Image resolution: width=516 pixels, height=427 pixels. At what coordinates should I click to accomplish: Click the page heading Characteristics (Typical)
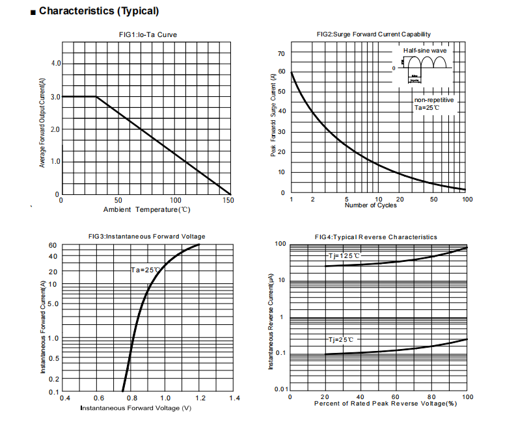pos(98,11)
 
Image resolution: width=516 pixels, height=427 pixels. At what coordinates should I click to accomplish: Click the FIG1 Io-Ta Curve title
pos(147,34)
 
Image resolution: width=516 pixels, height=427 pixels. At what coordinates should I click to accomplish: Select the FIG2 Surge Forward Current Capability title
pos(373,34)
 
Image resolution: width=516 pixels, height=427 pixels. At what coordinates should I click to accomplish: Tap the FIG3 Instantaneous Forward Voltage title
pos(146,237)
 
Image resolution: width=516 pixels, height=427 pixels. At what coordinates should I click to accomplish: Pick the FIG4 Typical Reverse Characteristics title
pos(375,237)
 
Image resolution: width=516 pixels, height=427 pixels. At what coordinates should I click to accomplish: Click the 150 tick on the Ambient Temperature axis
pos(228,201)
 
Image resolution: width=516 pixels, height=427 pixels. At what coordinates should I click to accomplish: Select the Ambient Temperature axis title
pos(146,209)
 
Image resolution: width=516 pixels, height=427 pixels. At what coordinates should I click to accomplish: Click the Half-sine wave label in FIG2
pos(424,50)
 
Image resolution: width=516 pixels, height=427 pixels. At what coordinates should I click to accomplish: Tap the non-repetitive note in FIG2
pos(434,100)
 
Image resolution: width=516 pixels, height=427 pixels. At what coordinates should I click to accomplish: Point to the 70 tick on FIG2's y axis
pos(282,53)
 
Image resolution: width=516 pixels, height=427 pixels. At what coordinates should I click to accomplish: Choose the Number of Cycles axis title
pos(370,205)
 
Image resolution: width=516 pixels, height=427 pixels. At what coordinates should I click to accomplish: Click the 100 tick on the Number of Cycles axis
pos(467,199)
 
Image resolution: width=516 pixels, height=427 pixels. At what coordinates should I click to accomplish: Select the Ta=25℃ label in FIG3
pos(145,270)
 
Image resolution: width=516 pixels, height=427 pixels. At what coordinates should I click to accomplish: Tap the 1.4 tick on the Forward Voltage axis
pos(234,398)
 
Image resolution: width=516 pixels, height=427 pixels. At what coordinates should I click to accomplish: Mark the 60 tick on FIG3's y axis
pos(53,246)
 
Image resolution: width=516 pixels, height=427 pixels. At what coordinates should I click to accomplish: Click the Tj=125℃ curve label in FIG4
pos(343,256)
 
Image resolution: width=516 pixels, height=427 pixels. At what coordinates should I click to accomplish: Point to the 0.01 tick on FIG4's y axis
pos(280,389)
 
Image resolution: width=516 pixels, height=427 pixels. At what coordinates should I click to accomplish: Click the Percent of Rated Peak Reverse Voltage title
pos(385,404)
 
